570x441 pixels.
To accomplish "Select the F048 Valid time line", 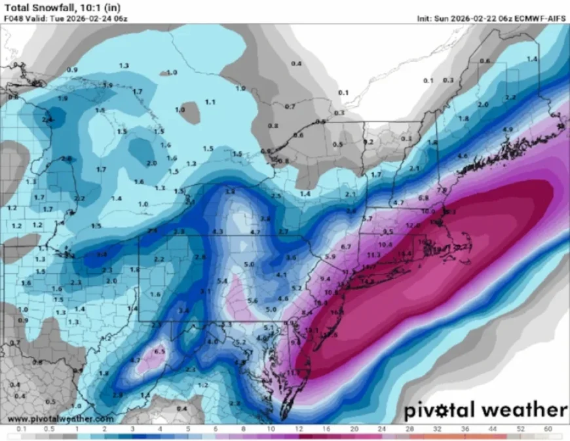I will (66, 18).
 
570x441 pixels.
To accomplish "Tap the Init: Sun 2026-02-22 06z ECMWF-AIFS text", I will (491, 18).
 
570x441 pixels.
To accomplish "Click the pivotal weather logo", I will (485, 410).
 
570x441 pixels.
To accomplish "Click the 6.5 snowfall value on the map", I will (159, 351).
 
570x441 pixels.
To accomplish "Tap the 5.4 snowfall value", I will (222, 280).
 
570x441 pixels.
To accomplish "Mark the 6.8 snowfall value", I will (423, 197).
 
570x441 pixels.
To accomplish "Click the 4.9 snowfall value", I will (507, 130).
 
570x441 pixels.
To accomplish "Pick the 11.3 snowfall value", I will (374, 254).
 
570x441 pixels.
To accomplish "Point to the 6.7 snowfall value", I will (347, 246).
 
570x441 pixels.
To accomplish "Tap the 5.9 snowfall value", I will (330, 256).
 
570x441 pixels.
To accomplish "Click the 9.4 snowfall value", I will (325, 278).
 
